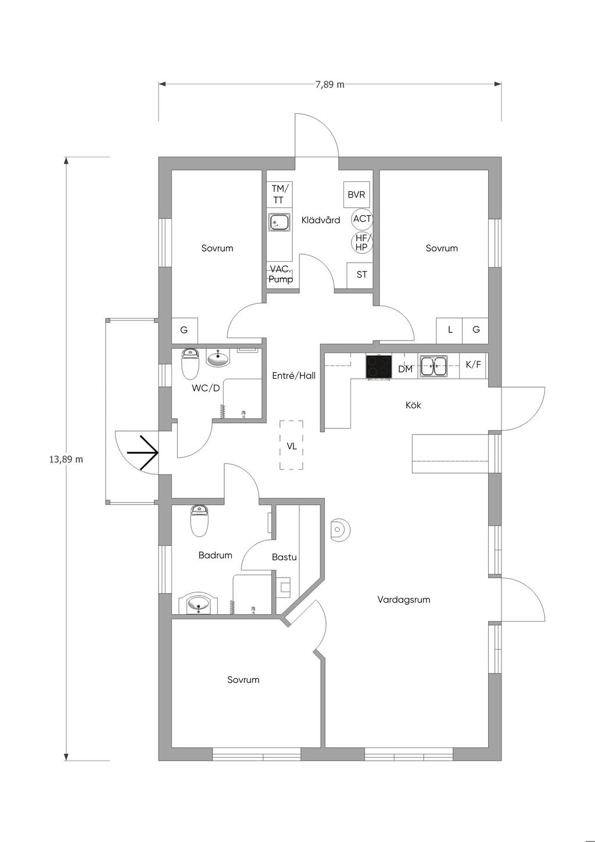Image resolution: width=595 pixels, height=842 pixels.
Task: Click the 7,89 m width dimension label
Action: point(329,84)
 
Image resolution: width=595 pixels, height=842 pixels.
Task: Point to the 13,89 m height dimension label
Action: point(66,459)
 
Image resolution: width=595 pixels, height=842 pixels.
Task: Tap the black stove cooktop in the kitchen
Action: point(378,367)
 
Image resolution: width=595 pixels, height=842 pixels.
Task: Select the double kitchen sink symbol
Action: point(433,366)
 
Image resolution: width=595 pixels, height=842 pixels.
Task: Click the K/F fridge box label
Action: point(473,364)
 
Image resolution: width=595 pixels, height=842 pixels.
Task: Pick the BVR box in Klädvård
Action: point(356,195)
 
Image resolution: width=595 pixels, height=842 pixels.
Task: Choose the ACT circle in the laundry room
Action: point(362,218)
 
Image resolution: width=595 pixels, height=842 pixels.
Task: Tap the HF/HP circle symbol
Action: point(361,242)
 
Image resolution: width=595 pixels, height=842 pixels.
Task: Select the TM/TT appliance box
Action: point(279,194)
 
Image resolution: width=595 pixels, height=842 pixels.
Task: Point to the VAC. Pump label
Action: point(281,274)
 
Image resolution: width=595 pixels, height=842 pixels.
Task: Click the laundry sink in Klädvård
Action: point(279,223)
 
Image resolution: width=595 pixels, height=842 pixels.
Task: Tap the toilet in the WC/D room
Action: point(190,364)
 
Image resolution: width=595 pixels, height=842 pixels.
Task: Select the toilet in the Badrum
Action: point(199,521)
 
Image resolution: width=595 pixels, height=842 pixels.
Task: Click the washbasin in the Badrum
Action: point(199,604)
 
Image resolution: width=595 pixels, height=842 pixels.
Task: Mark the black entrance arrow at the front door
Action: point(142,453)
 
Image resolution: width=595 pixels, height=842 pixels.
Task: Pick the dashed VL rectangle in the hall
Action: point(291,445)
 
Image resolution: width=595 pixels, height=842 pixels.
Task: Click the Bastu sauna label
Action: point(284,557)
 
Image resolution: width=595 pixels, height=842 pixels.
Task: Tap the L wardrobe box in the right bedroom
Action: point(449,331)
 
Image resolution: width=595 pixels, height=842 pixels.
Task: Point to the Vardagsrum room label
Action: point(404,600)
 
